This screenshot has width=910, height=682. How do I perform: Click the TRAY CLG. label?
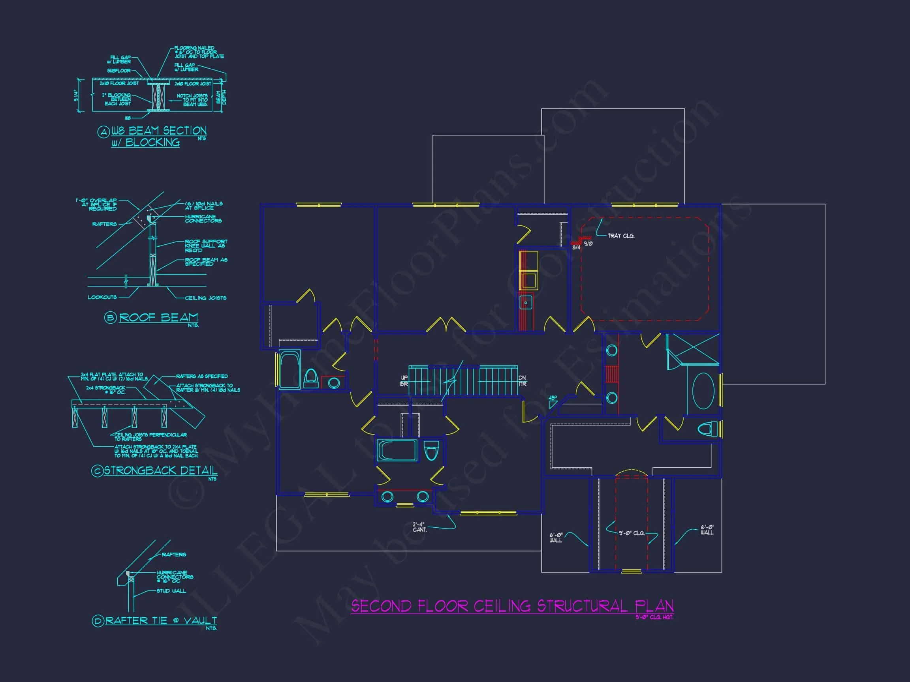tap(621, 236)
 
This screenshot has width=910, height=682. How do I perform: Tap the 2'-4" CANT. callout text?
tap(419, 527)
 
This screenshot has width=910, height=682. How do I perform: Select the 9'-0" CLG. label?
tap(632, 533)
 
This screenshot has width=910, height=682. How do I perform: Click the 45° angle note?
tap(553, 398)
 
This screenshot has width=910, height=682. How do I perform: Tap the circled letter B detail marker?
tap(110, 318)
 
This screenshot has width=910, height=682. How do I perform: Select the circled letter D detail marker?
tap(98, 621)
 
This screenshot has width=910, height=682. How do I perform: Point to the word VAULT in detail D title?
tap(200, 620)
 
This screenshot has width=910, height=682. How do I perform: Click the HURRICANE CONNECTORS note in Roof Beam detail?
tap(203, 219)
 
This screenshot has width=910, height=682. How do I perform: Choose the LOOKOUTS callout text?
tap(102, 297)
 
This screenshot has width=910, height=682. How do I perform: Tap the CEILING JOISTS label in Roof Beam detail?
tap(205, 298)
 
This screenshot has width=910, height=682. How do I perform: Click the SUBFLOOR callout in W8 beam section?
tap(118, 71)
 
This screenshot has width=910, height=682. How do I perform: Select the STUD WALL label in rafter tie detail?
tap(171, 591)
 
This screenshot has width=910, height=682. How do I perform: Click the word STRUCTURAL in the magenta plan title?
tap(583, 606)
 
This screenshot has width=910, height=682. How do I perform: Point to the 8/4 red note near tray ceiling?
tap(576, 247)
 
